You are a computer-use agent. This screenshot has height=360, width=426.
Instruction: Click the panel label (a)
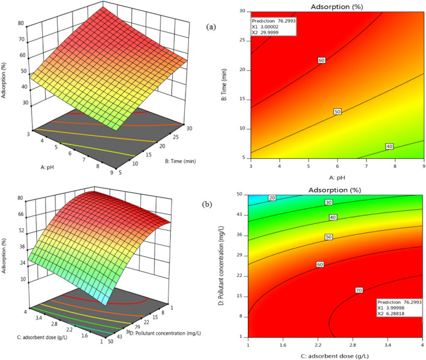[x=211, y=26]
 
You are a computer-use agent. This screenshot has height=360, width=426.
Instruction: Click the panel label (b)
[x=207, y=204]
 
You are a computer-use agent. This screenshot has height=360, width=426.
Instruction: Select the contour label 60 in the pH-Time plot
[x=322, y=60]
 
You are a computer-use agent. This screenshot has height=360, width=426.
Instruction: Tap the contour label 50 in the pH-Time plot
[x=338, y=111]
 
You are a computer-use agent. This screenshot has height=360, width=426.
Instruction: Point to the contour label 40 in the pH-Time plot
[x=389, y=146]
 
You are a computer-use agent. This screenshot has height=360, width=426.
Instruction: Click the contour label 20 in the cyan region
[x=272, y=198]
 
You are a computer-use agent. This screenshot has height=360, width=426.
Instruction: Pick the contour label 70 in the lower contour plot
[x=359, y=290]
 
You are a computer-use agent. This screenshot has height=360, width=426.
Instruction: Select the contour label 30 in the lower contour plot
[x=329, y=202]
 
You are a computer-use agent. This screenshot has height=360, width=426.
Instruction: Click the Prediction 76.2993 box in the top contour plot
[x=274, y=26]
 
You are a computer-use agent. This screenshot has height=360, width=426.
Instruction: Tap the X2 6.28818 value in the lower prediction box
[x=391, y=314]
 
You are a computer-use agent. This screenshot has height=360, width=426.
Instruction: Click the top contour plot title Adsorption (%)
[x=337, y=7]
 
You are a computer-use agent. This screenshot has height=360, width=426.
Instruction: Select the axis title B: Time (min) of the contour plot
[x=224, y=84]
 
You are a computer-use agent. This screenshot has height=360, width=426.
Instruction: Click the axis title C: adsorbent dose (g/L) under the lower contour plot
[x=335, y=356]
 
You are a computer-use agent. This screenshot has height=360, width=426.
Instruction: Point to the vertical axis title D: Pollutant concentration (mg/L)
[x=221, y=265]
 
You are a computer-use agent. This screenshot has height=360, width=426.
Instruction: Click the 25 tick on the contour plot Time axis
[x=242, y=40]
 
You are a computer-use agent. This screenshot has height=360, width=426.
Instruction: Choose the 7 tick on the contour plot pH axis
[x=366, y=166]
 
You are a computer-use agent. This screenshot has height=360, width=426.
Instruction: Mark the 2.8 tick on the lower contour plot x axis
[x=353, y=345]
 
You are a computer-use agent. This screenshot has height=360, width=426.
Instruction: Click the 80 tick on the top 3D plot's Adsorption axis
[x=21, y=23]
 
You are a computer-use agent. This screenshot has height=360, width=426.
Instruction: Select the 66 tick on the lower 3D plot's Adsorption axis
[x=20, y=214]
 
